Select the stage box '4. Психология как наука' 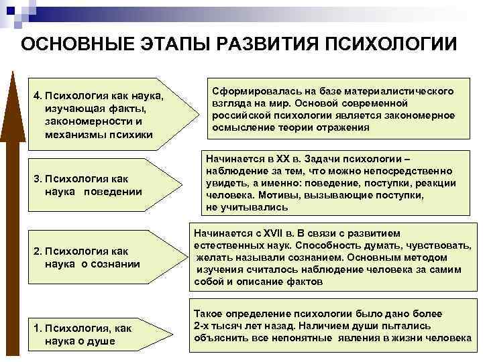(101, 111)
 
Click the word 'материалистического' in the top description (395, 90)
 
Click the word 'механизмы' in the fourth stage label (69, 134)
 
